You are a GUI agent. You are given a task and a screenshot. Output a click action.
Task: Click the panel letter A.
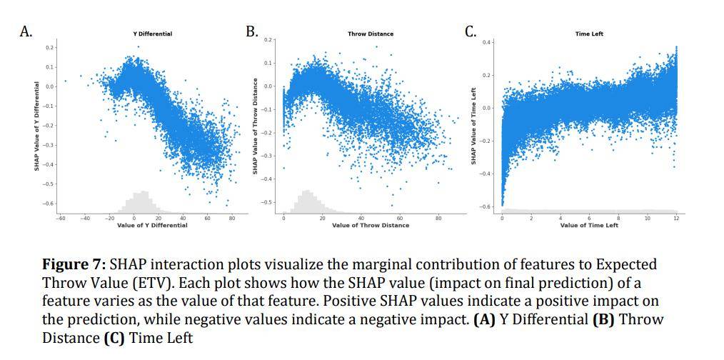(26, 31)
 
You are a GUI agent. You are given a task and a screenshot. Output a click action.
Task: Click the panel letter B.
(251, 31)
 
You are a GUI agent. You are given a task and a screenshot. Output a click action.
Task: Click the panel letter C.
(470, 31)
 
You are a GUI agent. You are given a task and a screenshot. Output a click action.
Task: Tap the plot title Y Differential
(152, 34)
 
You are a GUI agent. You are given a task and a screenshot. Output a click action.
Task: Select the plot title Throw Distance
(371, 34)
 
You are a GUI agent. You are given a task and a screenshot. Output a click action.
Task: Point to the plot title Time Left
(589, 34)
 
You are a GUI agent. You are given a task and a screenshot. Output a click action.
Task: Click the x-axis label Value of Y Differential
(152, 225)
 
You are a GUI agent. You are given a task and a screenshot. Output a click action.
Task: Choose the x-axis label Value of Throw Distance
(371, 225)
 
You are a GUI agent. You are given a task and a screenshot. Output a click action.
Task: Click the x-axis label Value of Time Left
(589, 225)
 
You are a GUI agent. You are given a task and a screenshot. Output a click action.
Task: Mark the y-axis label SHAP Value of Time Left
(473, 126)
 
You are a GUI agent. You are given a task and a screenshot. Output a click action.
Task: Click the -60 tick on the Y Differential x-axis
(61, 218)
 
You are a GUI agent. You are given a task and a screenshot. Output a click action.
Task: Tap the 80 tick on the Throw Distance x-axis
(438, 218)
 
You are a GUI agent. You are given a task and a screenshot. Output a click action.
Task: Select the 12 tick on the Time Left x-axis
(676, 218)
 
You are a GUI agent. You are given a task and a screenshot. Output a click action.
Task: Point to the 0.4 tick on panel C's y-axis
(487, 43)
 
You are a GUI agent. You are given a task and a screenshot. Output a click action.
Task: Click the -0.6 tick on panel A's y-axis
(49, 204)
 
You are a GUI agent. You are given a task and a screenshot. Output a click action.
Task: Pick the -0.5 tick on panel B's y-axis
(268, 202)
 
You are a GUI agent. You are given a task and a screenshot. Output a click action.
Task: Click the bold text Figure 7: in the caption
(74, 265)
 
